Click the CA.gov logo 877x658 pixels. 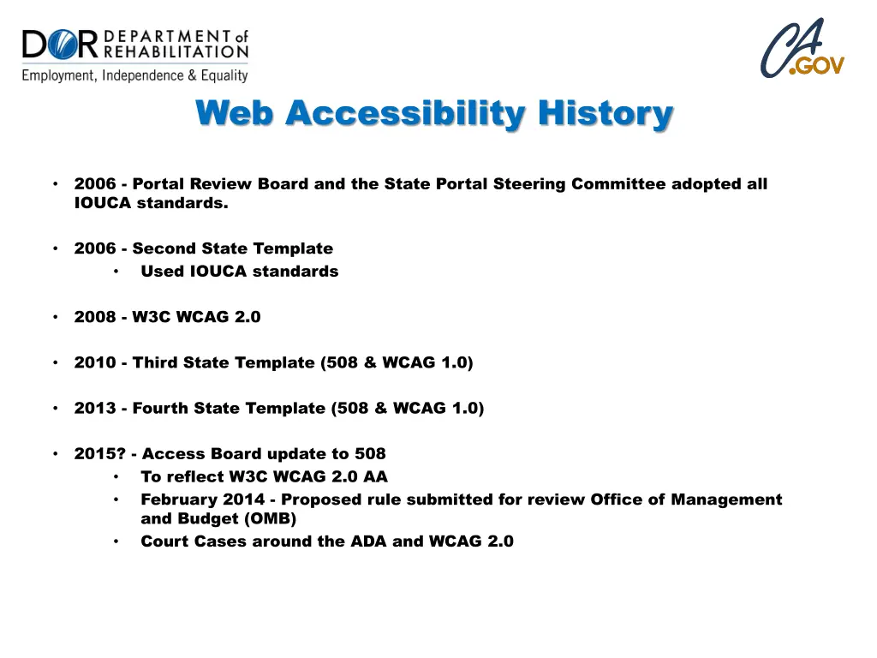(802, 49)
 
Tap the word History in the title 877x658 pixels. (606, 113)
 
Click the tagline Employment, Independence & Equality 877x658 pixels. (134, 75)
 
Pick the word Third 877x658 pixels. (157, 362)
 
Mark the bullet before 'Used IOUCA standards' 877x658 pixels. (116, 272)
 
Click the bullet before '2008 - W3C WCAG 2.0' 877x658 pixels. (55, 317)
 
